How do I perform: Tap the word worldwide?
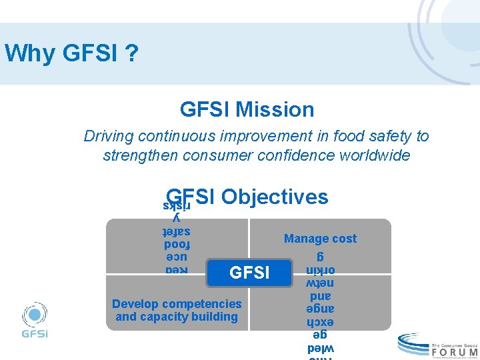click(377, 156)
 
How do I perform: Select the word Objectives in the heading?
click(275, 197)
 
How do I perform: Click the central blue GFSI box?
click(249, 273)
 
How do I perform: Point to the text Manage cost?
click(320, 239)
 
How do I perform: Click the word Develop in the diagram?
click(135, 304)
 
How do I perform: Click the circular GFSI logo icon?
click(35, 315)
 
